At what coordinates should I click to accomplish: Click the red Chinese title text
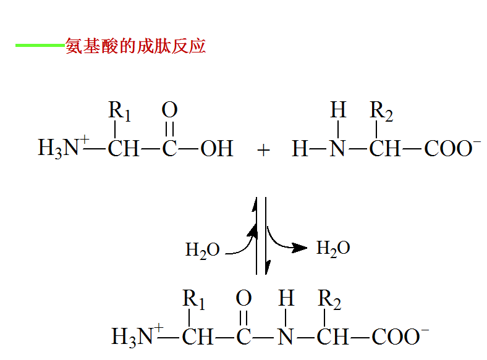coord(135,46)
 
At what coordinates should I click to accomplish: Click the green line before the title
coord(40,45)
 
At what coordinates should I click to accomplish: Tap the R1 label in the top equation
coord(120,112)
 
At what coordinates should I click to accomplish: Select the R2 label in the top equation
coord(381,112)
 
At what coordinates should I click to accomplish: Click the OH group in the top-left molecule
coord(216,149)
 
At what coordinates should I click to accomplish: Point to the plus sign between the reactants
coord(264,150)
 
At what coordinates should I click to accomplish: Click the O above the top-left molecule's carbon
coord(169,111)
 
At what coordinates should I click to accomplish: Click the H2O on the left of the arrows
coord(203,250)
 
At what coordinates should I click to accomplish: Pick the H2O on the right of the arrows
coord(333,248)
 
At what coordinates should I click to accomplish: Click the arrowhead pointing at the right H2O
coord(300,248)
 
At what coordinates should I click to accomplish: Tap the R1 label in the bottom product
coord(193,300)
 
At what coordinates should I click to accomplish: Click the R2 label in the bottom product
coord(329,300)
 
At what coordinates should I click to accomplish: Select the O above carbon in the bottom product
coord(244,299)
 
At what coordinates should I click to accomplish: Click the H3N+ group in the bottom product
coord(137,337)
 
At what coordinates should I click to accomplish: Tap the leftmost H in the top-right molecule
coord(300,149)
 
